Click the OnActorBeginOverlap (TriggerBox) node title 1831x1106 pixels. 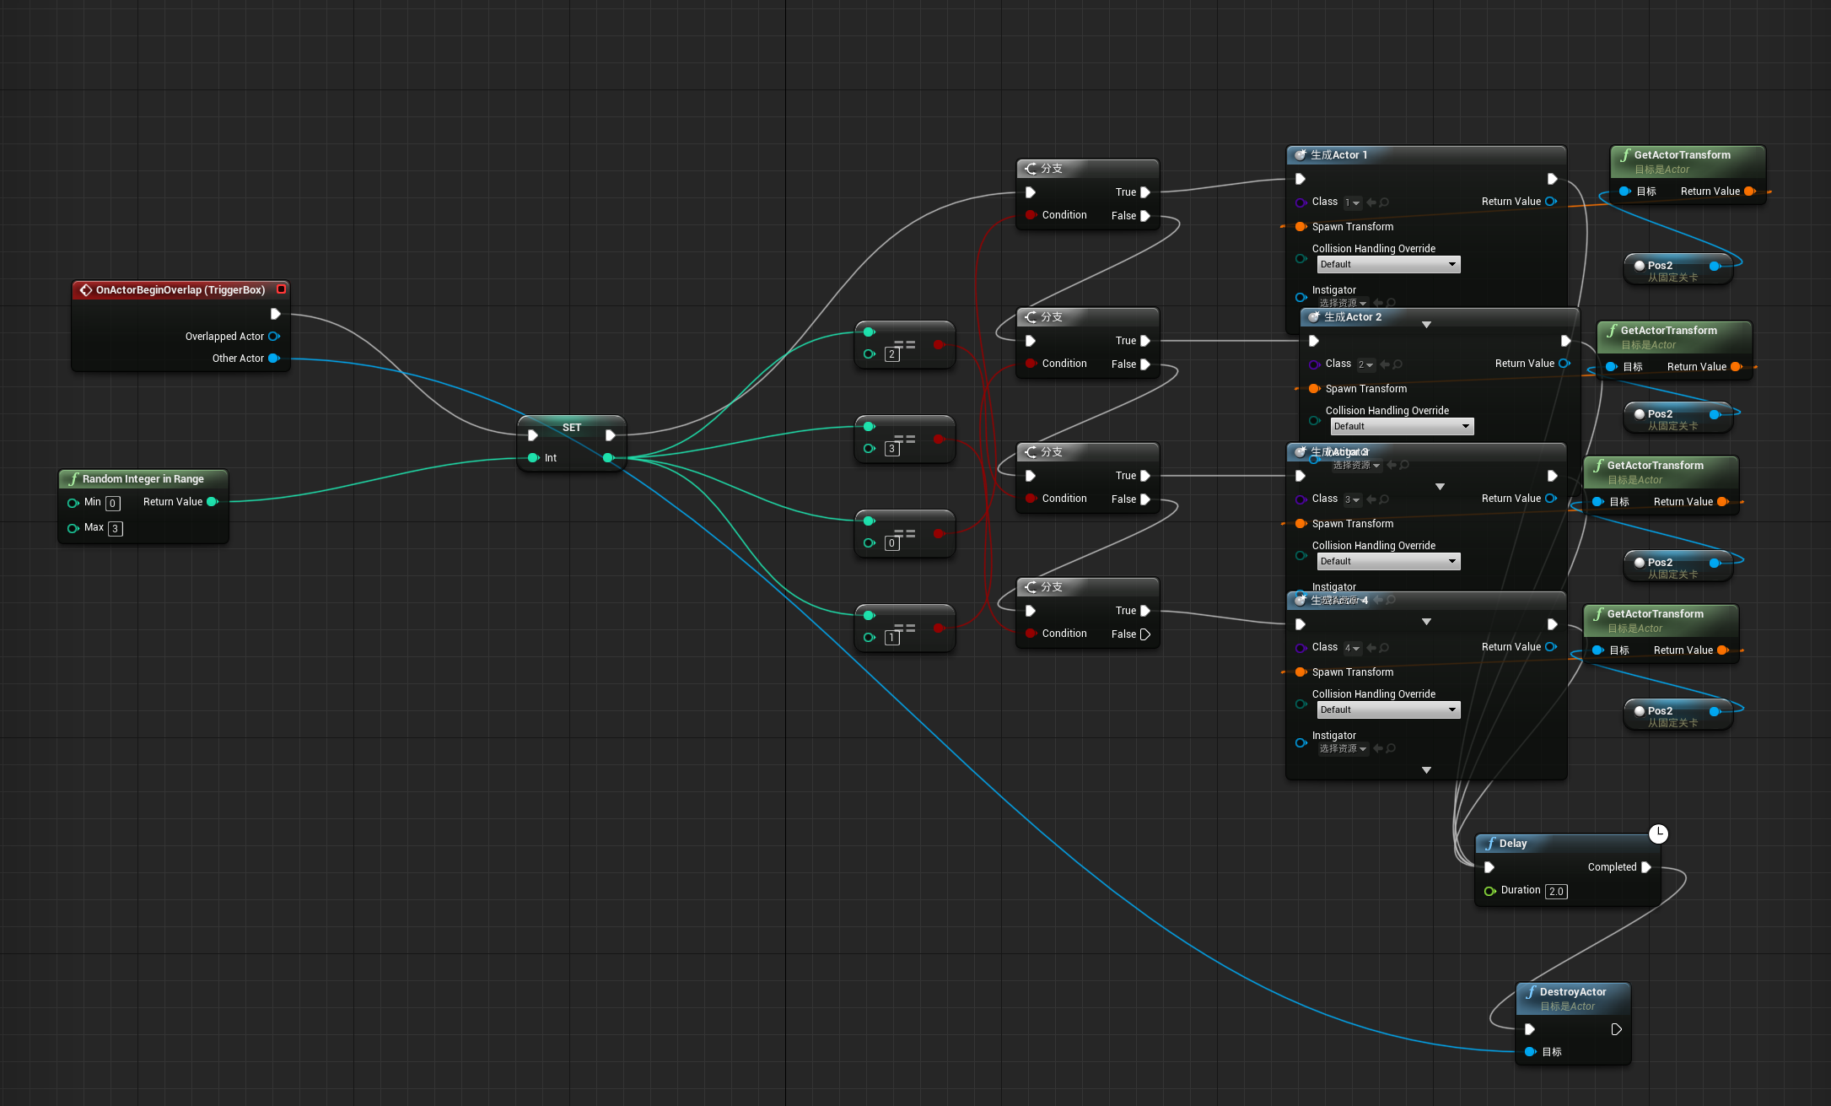180,290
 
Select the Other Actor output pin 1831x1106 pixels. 273,359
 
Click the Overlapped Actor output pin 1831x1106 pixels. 273,337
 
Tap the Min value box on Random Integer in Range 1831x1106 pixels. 112,504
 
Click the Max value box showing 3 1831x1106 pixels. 116,529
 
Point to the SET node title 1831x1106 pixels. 572,428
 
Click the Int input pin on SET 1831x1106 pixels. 533,458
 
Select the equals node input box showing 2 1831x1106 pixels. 891,354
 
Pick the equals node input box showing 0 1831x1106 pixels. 891,543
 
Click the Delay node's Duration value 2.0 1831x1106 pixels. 1556,892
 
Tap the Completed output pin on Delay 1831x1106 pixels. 1646,867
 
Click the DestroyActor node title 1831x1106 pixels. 1572,992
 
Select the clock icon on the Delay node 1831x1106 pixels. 1658,834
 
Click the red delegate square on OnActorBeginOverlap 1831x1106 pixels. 282,289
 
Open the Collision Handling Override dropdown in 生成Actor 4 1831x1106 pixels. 1387,710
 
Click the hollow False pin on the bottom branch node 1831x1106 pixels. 1144,634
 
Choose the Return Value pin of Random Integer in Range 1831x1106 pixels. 213,502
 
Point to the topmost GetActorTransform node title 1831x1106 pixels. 1682,155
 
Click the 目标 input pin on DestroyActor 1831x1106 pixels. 1531,1052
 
